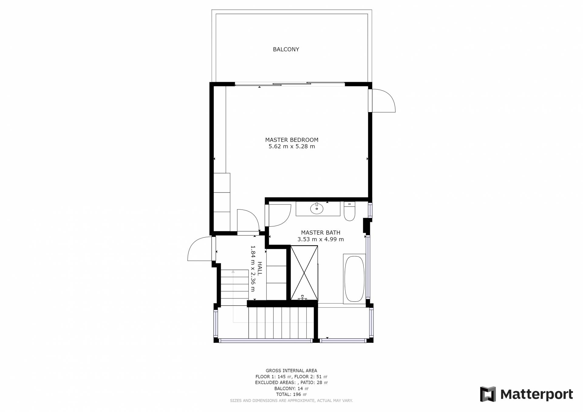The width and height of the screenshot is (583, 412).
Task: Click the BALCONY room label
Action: click(286, 49)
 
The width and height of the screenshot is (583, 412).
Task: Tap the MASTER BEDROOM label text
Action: click(291, 140)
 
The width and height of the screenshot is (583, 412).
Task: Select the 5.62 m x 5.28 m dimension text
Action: click(291, 146)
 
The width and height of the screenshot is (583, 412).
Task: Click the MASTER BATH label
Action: click(320, 233)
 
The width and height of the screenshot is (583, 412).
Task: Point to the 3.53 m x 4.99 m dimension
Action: click(320, 239)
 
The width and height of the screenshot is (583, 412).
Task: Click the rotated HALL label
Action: click(260, 268)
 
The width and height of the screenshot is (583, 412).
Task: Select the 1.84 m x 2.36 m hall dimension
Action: click(253, 268)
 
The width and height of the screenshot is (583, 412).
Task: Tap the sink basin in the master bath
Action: click(317, 209)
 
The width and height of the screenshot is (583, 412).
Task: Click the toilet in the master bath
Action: click(349, 211)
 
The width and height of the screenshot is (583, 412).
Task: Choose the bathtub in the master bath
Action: click(354, 279)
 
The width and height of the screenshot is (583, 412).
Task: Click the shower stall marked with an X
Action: click(304, 273)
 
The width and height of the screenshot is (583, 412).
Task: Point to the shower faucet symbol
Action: click(302, 298)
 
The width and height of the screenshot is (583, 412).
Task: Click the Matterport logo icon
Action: click(488, 394)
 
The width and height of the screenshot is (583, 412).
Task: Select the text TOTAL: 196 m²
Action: click(291, 394)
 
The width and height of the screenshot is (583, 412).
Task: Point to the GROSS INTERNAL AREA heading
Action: click(291, 370)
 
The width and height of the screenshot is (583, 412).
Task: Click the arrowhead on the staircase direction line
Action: click(233, 272)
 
